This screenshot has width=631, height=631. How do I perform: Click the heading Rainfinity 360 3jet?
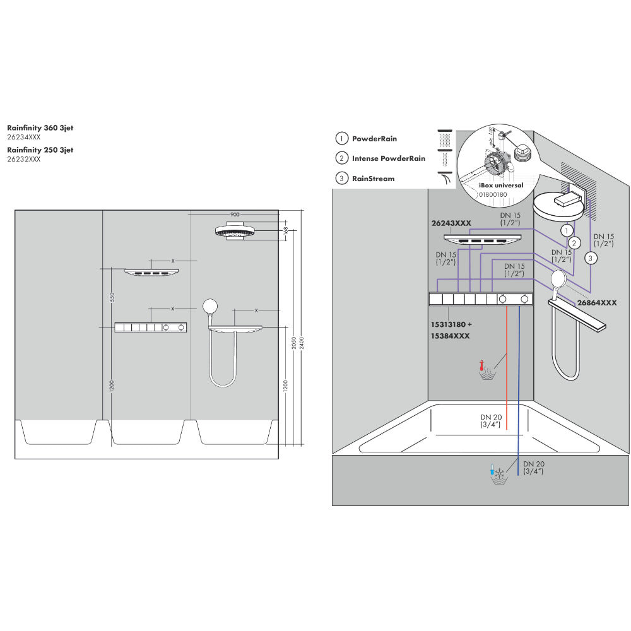(40, 128)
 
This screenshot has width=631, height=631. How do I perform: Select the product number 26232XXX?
(24, 159)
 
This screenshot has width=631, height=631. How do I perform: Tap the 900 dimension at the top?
(235, 215)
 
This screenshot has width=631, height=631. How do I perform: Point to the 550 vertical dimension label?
(112, 297)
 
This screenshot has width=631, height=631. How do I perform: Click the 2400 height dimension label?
(302, 343)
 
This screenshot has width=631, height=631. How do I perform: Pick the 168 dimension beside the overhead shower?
(286, 230)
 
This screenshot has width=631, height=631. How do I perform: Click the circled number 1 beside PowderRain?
(341, 138)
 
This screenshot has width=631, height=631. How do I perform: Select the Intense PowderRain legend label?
(388, 158)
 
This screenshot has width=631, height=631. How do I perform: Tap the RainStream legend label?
(373, 179)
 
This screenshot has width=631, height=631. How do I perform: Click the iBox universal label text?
(501, 186)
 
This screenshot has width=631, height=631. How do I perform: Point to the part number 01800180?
(493, 195)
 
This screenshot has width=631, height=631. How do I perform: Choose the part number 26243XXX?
(451, 223)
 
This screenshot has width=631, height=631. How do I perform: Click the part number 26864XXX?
(597, 303)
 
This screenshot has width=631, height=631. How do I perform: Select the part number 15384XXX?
(451, 336)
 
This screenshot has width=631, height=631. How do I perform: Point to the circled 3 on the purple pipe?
(591, 258)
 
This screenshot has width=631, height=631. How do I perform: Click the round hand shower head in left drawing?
(210, 307)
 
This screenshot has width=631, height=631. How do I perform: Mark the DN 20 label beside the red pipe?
(490, 421)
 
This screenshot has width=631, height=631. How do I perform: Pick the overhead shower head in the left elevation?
(235, 231)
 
